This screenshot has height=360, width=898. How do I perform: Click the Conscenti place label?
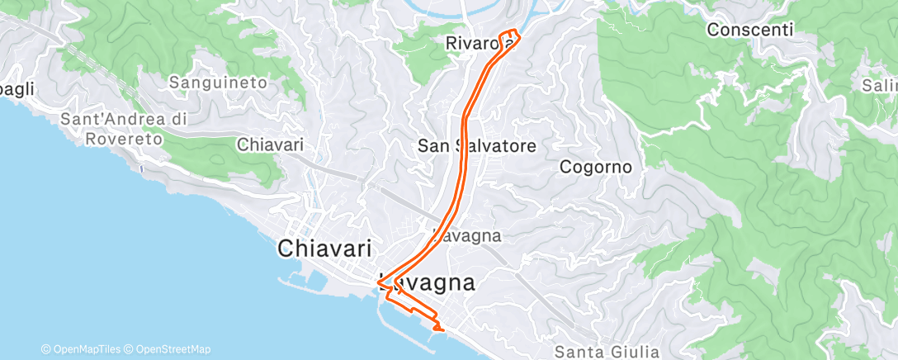click(x=749, y=30)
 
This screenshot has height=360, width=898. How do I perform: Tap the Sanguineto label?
click(x=218, y=82)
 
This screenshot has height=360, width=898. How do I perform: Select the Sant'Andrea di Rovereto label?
click(x=124, y=129)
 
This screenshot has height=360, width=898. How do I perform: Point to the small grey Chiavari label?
click(x=270, y=144)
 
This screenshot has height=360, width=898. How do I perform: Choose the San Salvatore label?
click(x=477, y=146)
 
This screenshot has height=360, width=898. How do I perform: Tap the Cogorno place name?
click(x=595, y=167)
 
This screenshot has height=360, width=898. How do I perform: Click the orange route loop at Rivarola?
click(x=510, y=38)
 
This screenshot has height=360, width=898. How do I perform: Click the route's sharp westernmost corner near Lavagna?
click(x=379, y=283)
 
